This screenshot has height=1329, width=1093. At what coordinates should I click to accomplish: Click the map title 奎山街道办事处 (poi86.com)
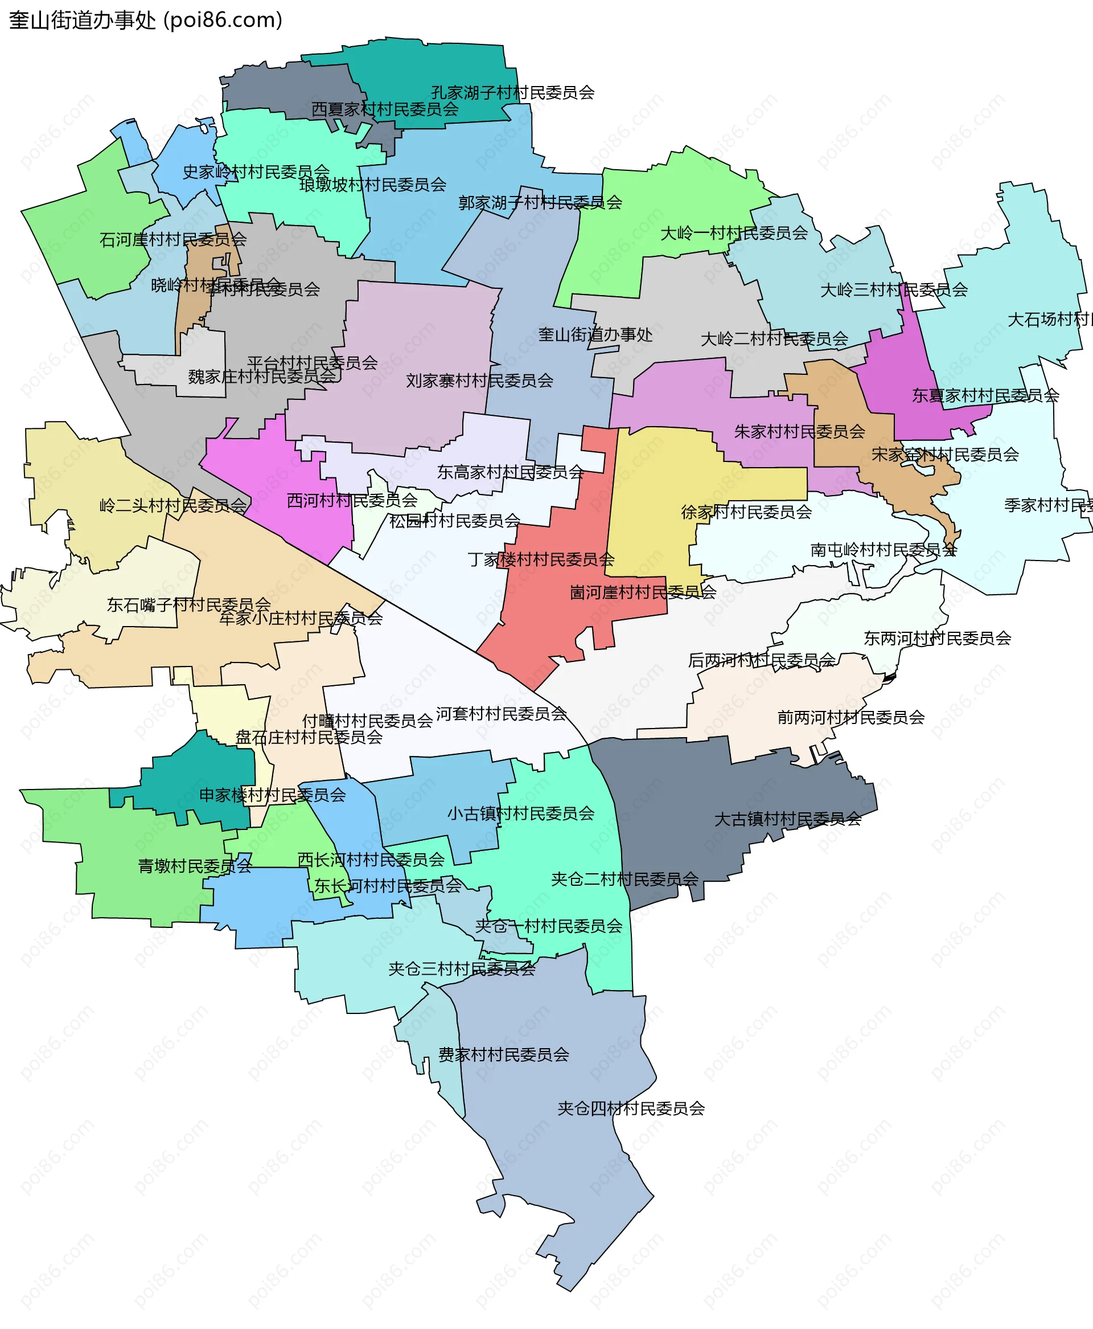[145, 20]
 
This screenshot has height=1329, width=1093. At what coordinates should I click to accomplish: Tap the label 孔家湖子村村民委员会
[512, 93]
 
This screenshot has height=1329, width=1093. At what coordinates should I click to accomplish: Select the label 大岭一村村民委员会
[733, 233]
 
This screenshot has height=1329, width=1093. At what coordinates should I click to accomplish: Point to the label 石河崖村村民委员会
[172, 239]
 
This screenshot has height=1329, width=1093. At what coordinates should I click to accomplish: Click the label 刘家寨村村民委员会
[479, 381]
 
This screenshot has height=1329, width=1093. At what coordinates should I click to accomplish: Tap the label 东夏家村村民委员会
[985, 395]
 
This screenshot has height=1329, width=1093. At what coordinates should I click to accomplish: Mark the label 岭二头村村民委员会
[173, 505]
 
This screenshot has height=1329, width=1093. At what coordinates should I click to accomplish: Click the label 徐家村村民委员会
[746, 512]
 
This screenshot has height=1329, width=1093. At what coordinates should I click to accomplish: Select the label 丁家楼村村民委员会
[541, 559]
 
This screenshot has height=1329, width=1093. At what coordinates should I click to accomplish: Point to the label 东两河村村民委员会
[937, 638]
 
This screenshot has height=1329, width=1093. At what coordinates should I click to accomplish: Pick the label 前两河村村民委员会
[850, 717]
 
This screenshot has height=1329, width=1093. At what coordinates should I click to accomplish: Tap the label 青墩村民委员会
[195, 866]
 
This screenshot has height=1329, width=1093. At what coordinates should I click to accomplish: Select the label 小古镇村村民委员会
[521, 814]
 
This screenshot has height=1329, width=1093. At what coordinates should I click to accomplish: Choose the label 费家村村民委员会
[504, 1054]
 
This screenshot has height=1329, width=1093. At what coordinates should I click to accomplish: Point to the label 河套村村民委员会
[501, 714]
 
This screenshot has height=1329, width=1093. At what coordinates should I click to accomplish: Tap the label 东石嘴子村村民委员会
[189, 604]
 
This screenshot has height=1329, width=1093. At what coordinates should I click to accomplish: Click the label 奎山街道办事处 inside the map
[595, 334]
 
